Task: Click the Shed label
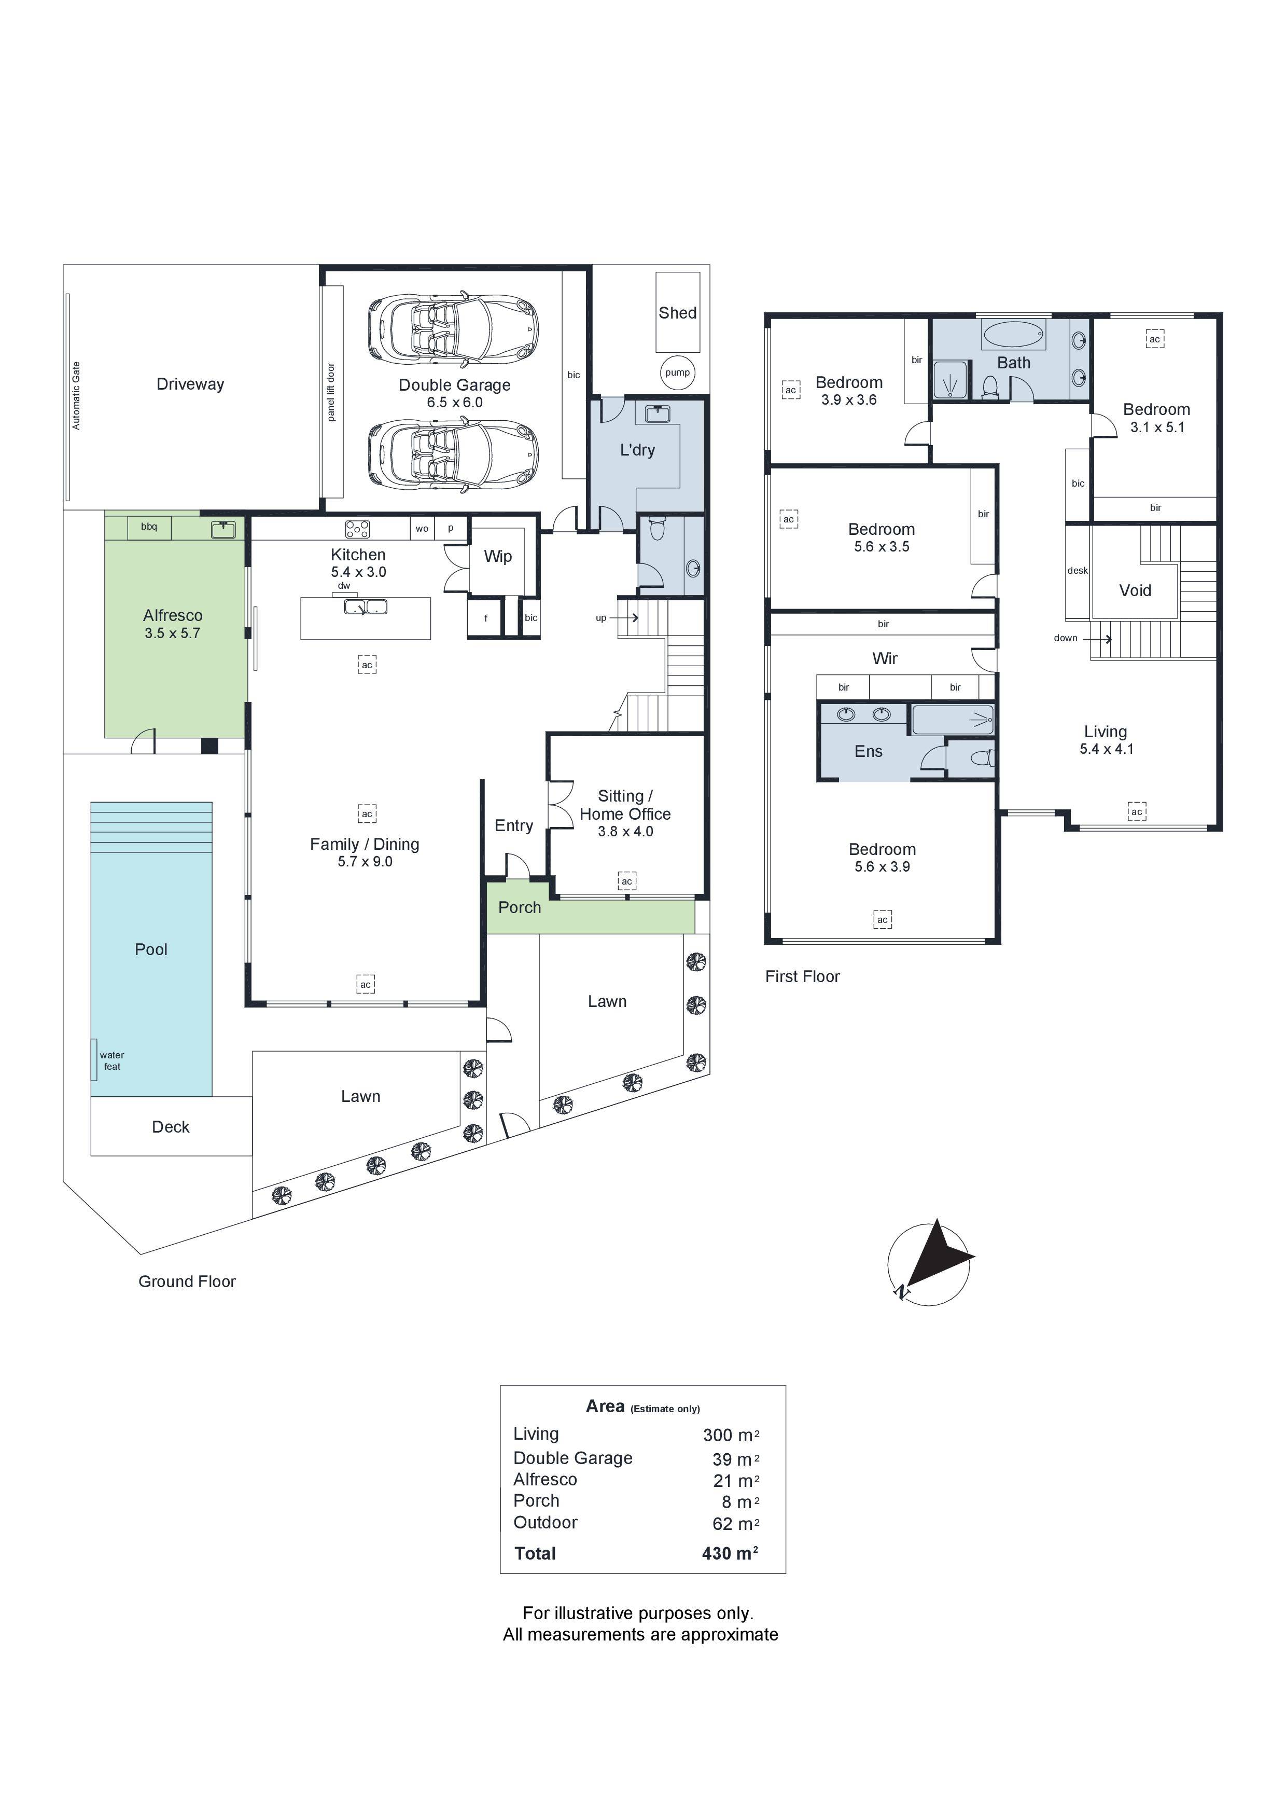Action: coord(677,313)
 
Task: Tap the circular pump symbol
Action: coord(677,373)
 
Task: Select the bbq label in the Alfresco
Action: coord(149,527)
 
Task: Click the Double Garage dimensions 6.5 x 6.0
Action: coord(454,403)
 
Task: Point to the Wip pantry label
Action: coord(498,557)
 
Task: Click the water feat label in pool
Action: coord(111,1060)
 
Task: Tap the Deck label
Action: coord(171,1127)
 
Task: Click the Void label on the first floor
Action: coord(1135,590)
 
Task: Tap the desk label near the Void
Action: coord(1077,571)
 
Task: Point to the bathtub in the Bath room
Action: coord(1013,335)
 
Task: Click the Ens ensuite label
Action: coord(869,751)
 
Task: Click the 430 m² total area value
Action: coord(730,1554)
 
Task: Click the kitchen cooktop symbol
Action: coord(357,529)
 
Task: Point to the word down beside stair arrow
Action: coord(1065,638)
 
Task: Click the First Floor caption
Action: coord(802,976)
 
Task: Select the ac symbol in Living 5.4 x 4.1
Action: coord(1136,812)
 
